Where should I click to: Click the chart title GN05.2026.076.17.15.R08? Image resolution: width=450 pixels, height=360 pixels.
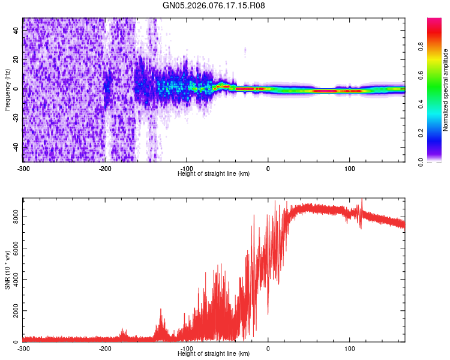tap(214, 5)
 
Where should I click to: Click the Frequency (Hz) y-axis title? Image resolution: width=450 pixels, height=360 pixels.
tap(7, 90)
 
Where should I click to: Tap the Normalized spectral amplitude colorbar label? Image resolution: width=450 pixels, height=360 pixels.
tap(446, 90)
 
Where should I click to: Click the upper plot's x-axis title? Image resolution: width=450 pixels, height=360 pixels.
tap(214, 173)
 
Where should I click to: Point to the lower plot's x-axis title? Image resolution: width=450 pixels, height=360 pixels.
tap(214, 353)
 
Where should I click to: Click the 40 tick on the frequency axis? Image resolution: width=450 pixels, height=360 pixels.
tap(16, 31)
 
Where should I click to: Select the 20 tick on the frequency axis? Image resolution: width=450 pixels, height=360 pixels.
tap(16, 60)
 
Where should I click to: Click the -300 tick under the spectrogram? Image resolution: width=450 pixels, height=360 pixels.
tap(23, 168)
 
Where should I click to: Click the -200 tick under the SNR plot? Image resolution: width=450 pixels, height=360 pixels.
tap(105, 348)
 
